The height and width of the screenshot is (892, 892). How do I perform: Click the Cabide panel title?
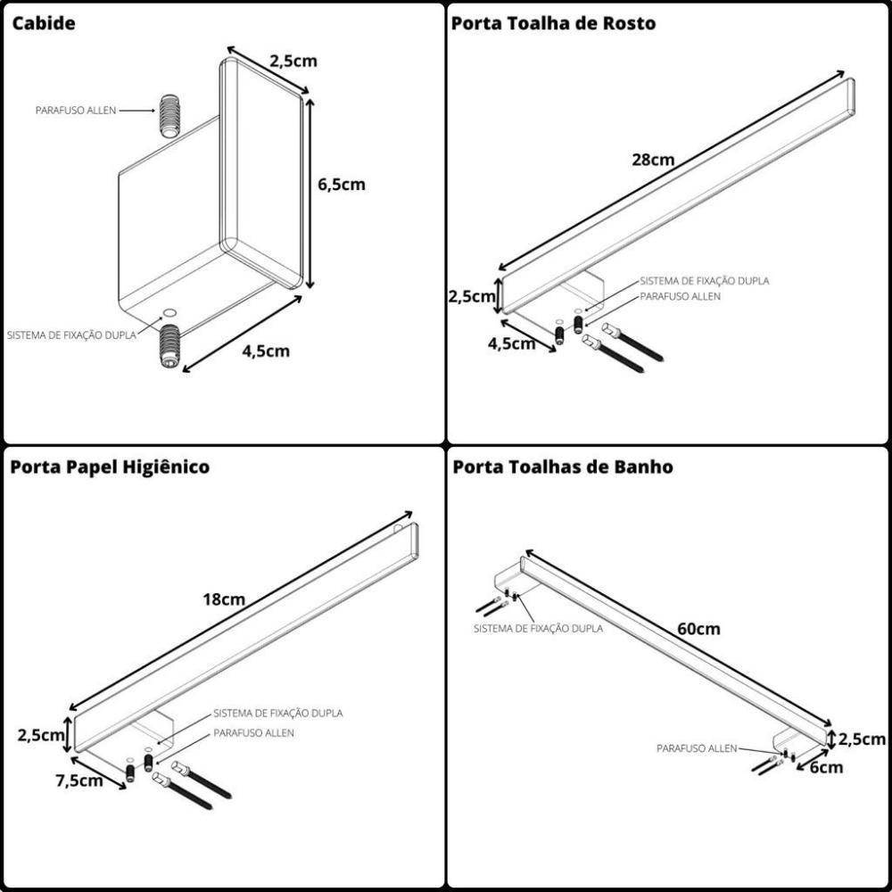click(x=43, y=24)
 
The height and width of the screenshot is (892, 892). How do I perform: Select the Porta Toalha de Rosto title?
click(x=553, y=24)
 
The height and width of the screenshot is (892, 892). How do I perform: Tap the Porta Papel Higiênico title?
click(x=110, y=467)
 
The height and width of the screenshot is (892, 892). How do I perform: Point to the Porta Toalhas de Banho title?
click(x=562, y=467)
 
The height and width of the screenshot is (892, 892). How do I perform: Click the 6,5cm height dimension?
click(x=342, y=185)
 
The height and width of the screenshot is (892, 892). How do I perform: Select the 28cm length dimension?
click(x=654, y=161)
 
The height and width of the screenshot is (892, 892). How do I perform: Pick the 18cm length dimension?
click(x=224, y=599)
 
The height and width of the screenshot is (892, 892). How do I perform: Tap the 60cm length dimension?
click(x=698, y=629)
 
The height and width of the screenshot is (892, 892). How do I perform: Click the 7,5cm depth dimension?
click(x=78, y=780)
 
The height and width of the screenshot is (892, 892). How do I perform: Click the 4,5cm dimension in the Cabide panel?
click(x=266, y=351)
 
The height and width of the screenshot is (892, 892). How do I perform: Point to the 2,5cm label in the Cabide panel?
click(x=293, y=62)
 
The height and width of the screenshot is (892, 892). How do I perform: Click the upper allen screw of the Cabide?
click(x=170, y=113)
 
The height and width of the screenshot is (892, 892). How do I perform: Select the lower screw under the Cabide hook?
click(x=169, y=348)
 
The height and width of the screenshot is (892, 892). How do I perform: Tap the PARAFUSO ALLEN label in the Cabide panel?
click(x=76, y=111)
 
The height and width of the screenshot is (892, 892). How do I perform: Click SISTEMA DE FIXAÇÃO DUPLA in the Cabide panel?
click(x=71, y=335)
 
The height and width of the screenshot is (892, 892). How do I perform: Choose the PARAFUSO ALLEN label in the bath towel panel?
click(x=697, y=748)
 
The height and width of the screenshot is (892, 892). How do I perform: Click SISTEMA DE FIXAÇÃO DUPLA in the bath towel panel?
click(x=538, y=628)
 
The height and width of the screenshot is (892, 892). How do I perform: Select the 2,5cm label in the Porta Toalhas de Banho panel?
click(x=862, y=739)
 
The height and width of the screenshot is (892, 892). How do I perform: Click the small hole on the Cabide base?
click(x=169, y=313)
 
